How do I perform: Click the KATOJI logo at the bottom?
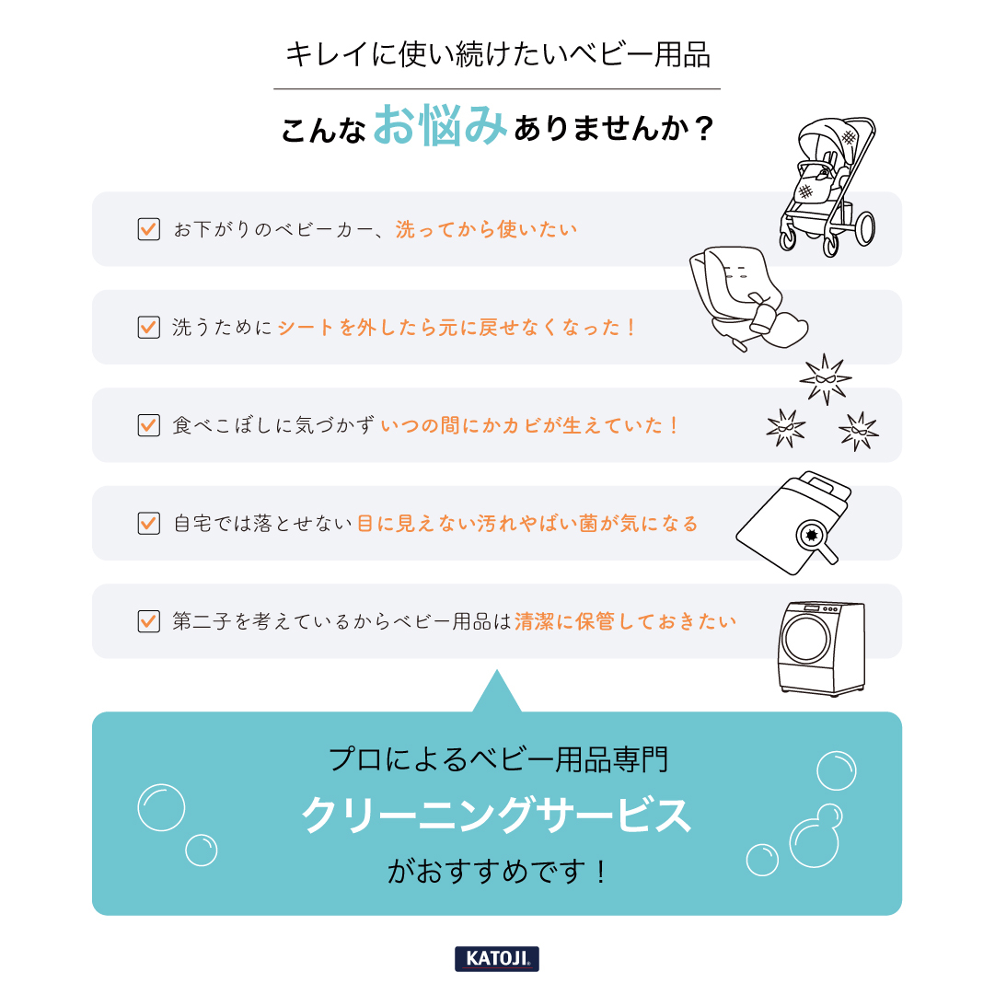click(x=497, y=958)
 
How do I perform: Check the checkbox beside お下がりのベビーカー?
click(x=148, y=229)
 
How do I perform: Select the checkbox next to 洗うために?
click(x=148, y=327)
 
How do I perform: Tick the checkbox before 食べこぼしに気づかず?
click(x=148, y=425)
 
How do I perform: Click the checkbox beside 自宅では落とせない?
click(x=148, y=523)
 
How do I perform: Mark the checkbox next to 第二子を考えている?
click(x=148, y=621)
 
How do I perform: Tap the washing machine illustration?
click(x=821, y=648)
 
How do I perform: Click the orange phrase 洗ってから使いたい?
click(x=487, y=229)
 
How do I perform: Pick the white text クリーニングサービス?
click(x=497, y=816)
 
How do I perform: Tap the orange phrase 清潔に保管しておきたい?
click(x=626, y=621)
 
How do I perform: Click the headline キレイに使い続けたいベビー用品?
click(x=497, y=54)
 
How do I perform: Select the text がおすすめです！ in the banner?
click(x=497, y=871)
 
